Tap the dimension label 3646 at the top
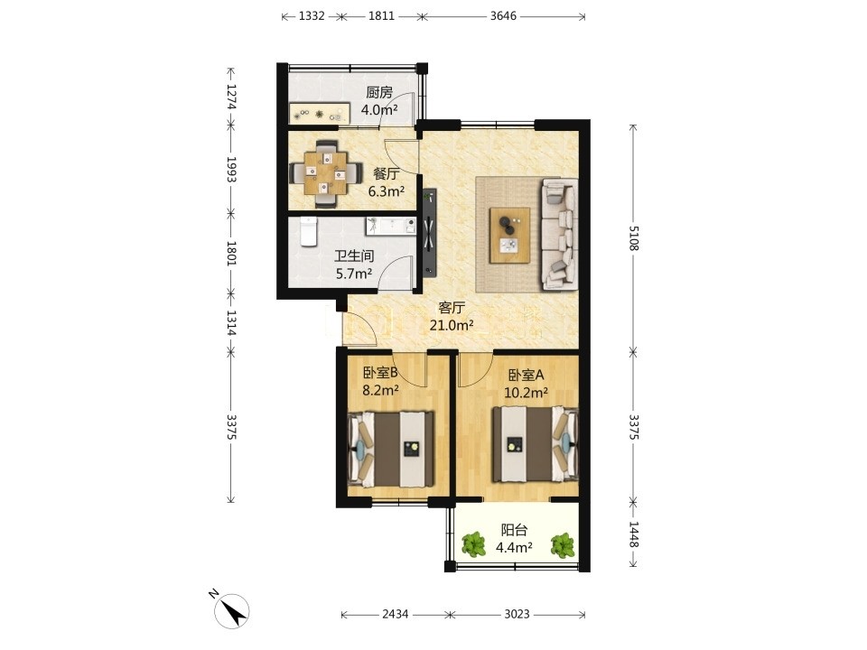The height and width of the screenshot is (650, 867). (503, 15)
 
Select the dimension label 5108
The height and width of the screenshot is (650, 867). (634, 237)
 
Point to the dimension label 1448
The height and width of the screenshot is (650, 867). (634, 534)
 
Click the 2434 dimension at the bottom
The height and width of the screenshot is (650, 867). (396, 614)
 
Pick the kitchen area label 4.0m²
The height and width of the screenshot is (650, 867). (379, 109)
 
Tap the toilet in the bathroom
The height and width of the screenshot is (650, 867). (308, 232)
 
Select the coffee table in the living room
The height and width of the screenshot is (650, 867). (509, 236)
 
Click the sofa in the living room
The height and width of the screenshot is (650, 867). (560, 234)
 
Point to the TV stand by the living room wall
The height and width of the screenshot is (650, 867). (430, 232)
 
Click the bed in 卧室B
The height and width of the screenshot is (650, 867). (390, 449)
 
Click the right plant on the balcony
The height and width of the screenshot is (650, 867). (563, 545)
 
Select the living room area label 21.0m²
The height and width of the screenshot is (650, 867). (452, 326)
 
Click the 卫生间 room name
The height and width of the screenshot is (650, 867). (354, 255)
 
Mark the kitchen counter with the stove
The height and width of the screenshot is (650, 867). (320, 114)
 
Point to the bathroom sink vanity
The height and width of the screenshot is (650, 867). (391, 226)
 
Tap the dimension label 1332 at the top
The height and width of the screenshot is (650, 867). (312, 15)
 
